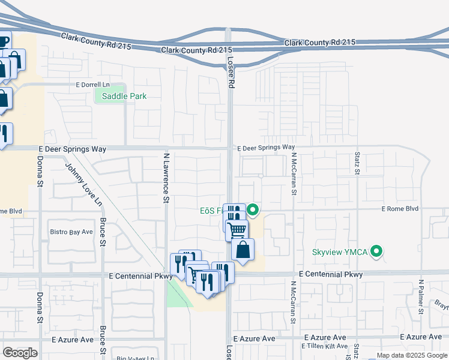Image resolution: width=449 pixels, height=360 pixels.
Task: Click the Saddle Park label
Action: (124, 96)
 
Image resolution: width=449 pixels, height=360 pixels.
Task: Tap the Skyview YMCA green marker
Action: (377, 251)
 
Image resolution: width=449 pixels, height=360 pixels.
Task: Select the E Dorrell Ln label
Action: (94, 85)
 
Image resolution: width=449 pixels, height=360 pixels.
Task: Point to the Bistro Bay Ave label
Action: (71, 232)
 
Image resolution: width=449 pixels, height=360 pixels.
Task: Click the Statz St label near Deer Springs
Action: (357, 163)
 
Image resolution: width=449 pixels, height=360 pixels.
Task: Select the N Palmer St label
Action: (421, 294)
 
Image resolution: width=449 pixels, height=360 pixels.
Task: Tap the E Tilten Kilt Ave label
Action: (326, 346)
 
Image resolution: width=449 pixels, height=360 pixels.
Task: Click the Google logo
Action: (20, 352)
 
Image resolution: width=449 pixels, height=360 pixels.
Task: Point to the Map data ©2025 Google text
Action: (411, 355)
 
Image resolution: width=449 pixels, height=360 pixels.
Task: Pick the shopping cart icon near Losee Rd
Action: (237, 229)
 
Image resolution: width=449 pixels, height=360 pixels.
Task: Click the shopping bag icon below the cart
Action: (243, 249)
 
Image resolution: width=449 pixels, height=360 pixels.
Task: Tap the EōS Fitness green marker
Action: (253, 210)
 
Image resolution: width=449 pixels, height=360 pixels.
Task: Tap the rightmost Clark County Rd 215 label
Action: (320, 43)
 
